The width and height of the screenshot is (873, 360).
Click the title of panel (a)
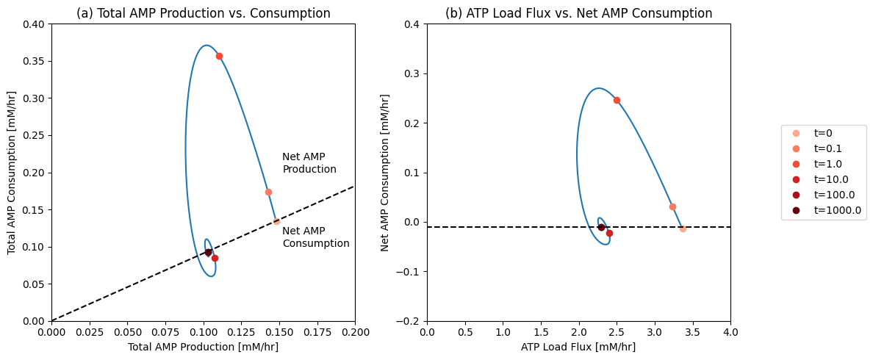tap(204, 13)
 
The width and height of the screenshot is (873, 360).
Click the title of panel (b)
tap(578, 13)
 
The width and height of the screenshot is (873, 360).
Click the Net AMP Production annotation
tap(309, 162)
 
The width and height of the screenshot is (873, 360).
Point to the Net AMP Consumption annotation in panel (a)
tap(316, 237)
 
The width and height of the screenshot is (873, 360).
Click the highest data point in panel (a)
tap(220, 56)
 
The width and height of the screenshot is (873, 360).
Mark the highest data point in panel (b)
tap(617, 100)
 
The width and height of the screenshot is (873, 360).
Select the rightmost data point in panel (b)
tap(683, 228)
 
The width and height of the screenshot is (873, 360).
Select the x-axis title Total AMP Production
tap(204, 347)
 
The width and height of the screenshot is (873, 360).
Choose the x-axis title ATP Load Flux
tap(578, 347)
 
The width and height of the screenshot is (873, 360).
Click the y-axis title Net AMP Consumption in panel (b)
tap(385, 173)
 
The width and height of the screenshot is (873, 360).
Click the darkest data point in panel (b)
tap(601, 228)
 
